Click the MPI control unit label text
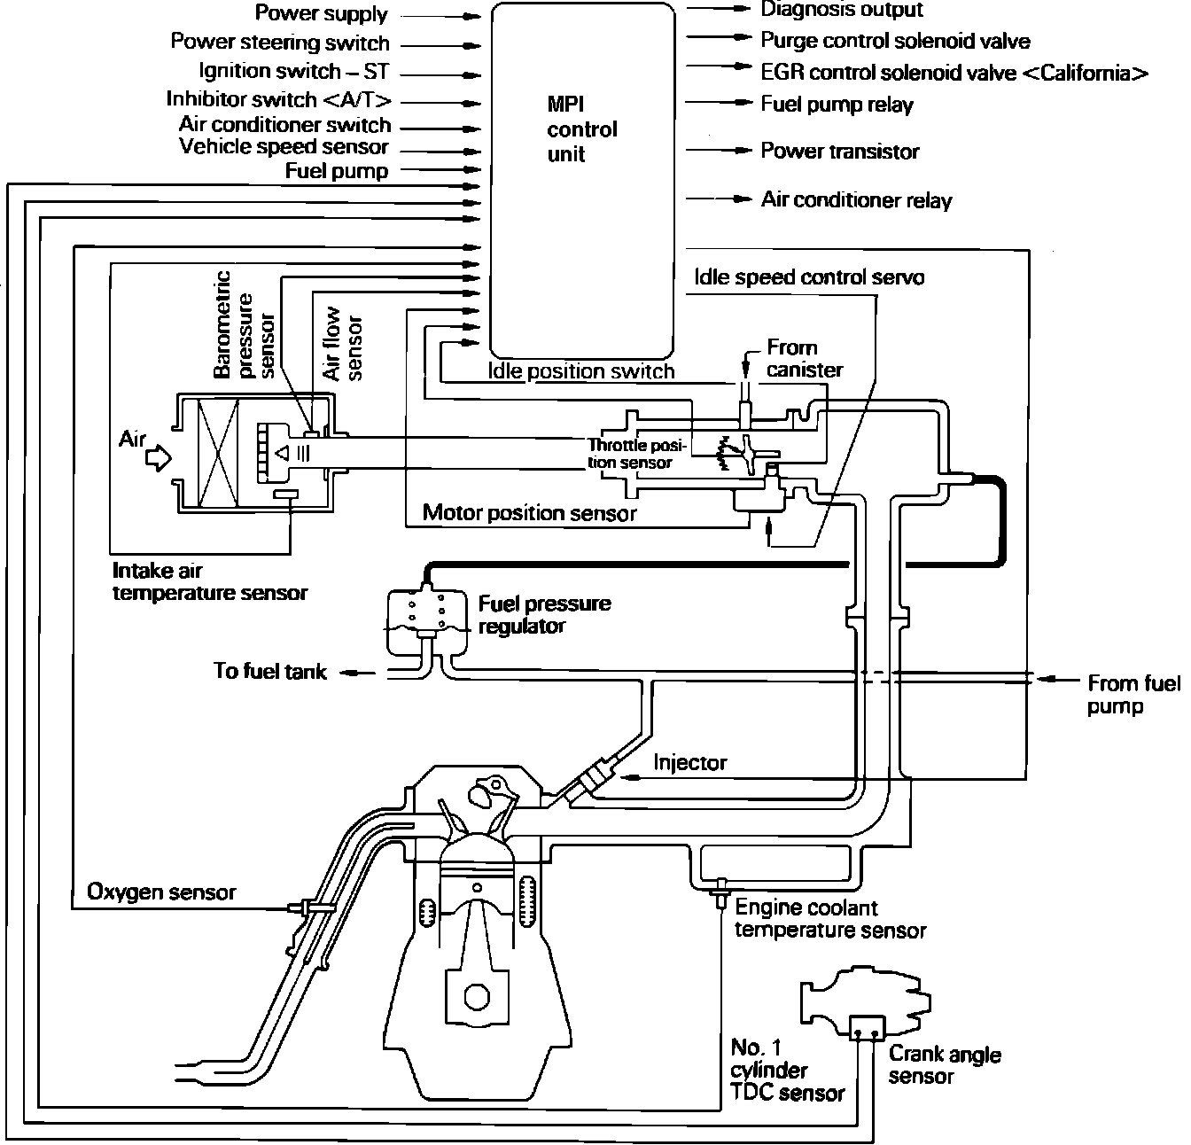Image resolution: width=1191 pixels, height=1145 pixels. coord(581,129)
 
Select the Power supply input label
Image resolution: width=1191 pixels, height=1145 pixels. coord(321,14)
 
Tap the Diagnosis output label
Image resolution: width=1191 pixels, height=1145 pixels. coord(841,10)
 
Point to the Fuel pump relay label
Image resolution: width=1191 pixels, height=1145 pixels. coord(837,105)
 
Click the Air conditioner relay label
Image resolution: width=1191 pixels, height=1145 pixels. coord(856,200)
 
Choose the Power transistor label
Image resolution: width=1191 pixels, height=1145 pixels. coord(839,152)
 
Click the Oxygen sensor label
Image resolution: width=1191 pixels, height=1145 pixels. coord(161,892)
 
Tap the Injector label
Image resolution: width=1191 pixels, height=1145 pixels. coord(689,763)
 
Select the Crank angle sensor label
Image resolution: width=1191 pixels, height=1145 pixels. coord(944,1065)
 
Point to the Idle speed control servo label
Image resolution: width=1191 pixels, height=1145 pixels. coord(809,277)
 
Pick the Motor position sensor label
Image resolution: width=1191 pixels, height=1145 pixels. coord(529,512)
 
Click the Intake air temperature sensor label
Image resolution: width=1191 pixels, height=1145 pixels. coord(209,582)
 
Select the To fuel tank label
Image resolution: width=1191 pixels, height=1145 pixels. coord(269,671)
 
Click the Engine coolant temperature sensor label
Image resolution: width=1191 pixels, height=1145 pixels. coord(830,919)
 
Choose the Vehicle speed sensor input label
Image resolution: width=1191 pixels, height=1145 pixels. coord(284,147)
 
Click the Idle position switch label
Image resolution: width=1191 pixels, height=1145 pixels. coord(580,371)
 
